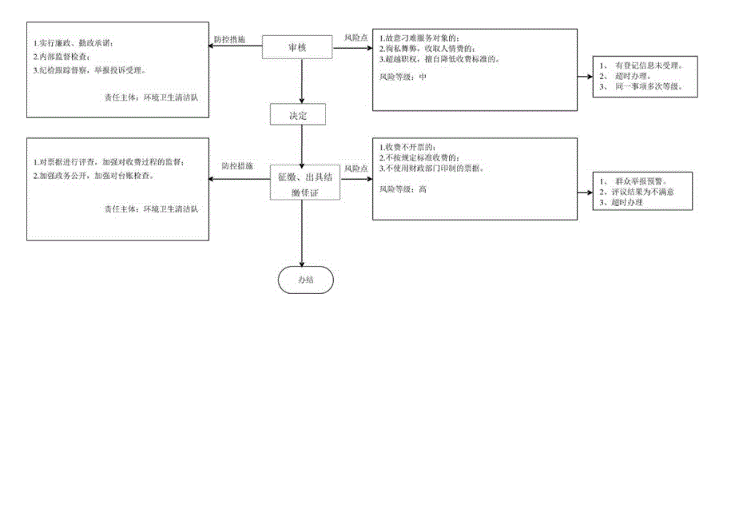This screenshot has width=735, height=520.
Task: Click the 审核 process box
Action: coord(297,48)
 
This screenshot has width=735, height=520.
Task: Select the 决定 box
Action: coord(297,116)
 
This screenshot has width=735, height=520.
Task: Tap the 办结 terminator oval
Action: coord(304,280)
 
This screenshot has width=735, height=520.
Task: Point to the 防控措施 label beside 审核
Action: coord(229,39)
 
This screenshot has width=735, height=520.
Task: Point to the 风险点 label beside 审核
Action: coord(356,38)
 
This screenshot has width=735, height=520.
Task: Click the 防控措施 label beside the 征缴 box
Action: coord(237,166)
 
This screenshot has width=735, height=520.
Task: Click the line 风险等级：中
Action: coord(403,77)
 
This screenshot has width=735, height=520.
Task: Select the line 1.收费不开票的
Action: coord(409,148)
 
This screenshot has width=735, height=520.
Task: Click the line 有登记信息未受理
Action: coord(649,65)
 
